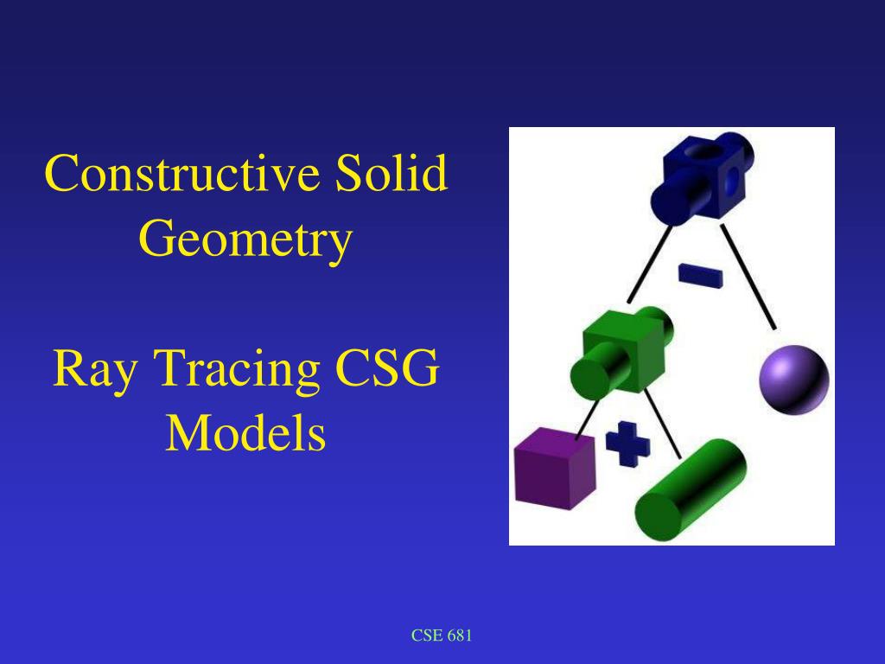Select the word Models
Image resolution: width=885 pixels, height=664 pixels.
click(x=245, y=434)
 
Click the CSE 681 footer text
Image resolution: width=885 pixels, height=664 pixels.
click(x=442, y=636)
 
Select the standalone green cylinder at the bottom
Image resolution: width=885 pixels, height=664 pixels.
click(x=691, y=489)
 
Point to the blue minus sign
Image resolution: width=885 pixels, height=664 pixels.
click(x=701, y=275)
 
